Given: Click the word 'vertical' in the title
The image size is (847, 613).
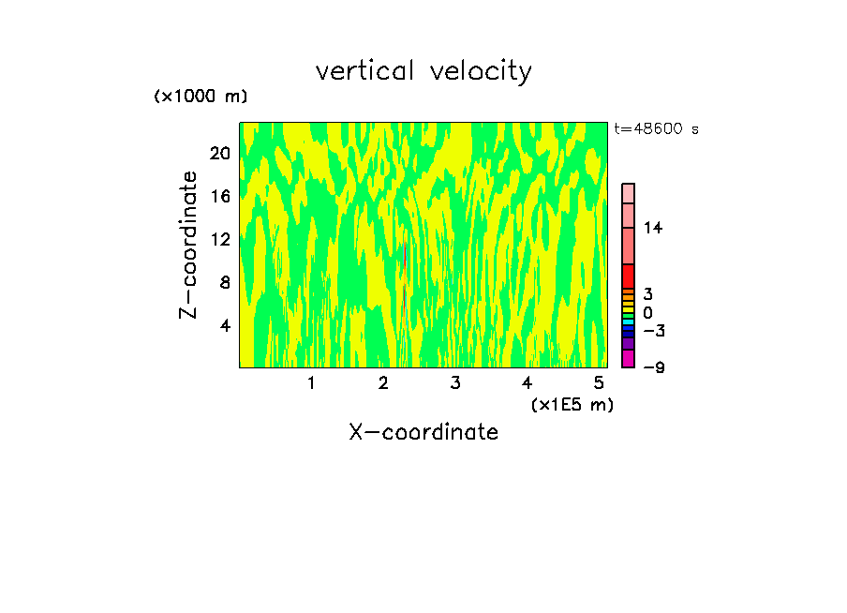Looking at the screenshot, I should (x=366, y=71).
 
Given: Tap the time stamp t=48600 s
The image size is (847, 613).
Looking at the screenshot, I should (x=656, y=129).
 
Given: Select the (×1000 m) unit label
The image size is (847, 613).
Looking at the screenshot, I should (x=201, y=97).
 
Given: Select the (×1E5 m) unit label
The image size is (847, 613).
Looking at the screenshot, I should (x=572, y=404).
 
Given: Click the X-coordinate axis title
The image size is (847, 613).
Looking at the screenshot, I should (x=423, y=432).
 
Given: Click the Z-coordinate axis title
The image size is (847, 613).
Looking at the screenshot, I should (x=189, y=245).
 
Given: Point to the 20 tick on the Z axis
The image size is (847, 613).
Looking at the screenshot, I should (x=219, y=153).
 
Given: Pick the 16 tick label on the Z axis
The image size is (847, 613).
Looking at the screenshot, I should (x=219, y=196).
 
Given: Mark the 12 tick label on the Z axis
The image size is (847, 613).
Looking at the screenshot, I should (x=219, y=239).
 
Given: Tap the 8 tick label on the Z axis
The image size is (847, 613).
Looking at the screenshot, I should (x=224, y=282).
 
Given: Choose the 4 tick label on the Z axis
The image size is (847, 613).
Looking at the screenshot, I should (x=224, y=325).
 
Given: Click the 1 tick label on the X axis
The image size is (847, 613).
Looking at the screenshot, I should (x=311, y=382).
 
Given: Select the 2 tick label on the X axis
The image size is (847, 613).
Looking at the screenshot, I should (x=383, y=382).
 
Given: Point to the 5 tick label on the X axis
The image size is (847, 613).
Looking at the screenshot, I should (x=599, y=382).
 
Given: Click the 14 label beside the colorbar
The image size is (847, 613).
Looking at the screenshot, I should (x=653, y=228).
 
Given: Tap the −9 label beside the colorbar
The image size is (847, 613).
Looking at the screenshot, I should (x=653, y=367).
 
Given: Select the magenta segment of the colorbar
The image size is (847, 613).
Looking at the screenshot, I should (x=628, y=359).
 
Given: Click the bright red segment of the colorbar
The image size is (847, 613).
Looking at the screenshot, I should (x=628, y=276).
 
